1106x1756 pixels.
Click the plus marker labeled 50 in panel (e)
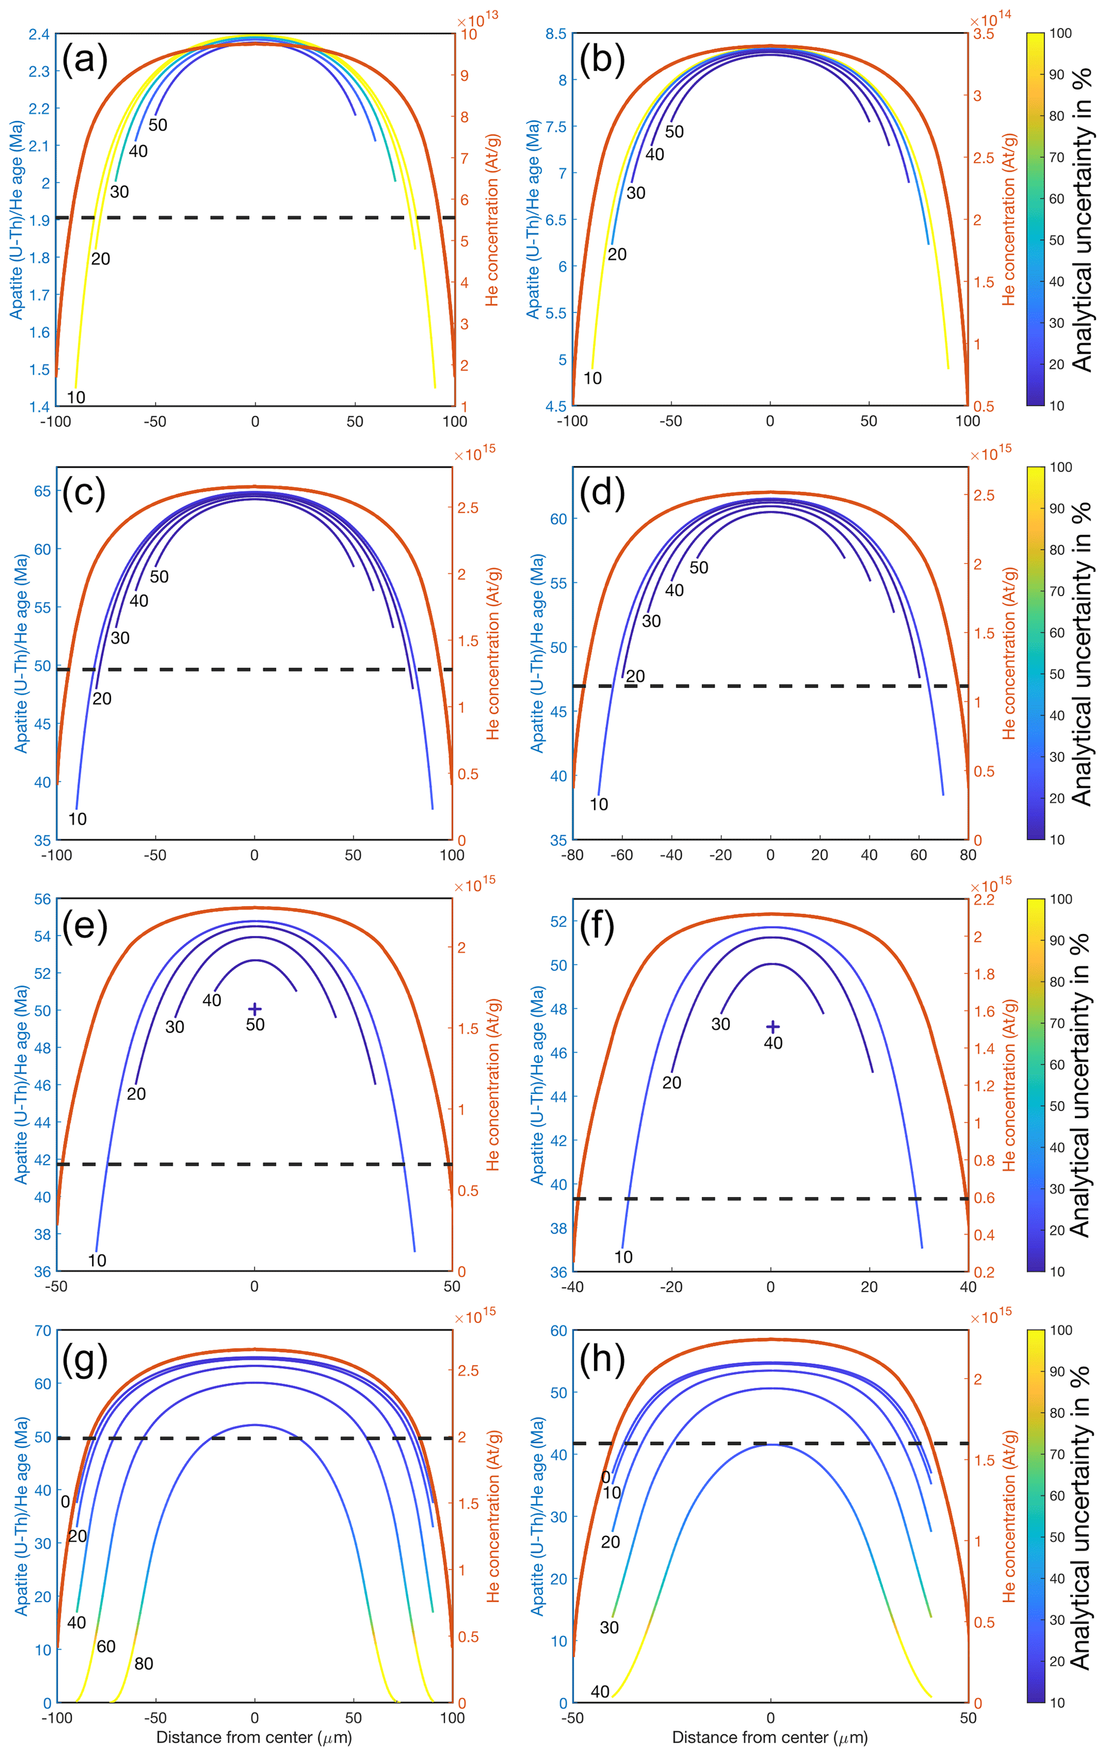click(255, 1008)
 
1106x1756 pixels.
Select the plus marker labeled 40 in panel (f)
click(773, 1027)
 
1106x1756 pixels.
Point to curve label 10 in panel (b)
click(593, 378)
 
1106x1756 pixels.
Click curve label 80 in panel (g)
click(143, 1663)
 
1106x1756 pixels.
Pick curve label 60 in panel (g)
click(106, 1646)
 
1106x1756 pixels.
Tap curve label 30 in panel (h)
click(609, 1627)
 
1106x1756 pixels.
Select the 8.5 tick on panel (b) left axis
click(556, 34)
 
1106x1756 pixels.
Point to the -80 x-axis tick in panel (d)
click(573, 855)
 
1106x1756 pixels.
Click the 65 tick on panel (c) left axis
click(42, 491)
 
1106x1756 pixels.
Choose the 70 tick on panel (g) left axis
click(42, 1331)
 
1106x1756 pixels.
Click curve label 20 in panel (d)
click(635, 676)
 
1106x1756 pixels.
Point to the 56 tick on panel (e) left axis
click(42, 899)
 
